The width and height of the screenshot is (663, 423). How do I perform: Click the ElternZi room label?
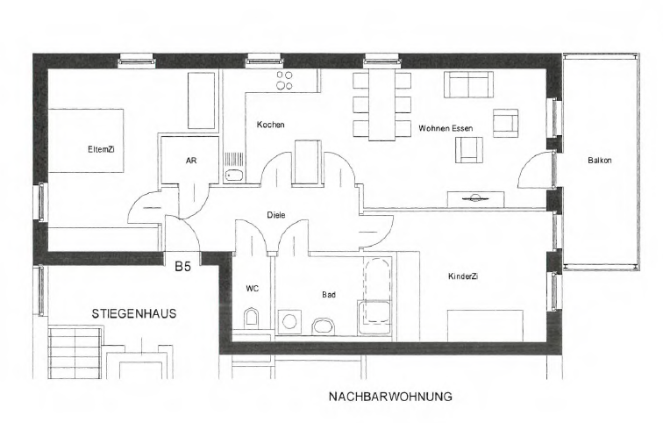click(101, 149)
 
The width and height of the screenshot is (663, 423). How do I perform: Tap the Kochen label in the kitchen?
click(271, 125)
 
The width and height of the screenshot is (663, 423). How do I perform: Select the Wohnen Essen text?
click(446, 128)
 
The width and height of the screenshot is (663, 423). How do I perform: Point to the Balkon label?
click(600, 161)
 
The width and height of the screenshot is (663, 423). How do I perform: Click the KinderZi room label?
click(463, 276)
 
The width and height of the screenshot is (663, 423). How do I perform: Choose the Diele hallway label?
click(276, 215)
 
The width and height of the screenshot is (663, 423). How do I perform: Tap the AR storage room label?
click(191, 161)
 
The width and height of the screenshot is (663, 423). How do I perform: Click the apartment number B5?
click(183, 267)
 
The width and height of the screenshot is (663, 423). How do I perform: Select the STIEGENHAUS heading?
click(134, 314)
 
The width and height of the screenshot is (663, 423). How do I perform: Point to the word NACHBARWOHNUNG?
click(390, 397)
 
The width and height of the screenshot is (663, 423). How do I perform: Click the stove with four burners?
click(284, 81)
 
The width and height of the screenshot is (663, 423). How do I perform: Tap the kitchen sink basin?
click(233, 176)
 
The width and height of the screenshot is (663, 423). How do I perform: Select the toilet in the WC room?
click(251, 318)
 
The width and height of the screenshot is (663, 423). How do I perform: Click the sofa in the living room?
click(468, 84)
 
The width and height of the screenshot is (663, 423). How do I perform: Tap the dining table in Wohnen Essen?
click(381, 104)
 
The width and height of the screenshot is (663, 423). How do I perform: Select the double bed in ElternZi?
click(86, 140)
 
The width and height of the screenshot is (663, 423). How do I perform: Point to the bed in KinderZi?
click(486, 326)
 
